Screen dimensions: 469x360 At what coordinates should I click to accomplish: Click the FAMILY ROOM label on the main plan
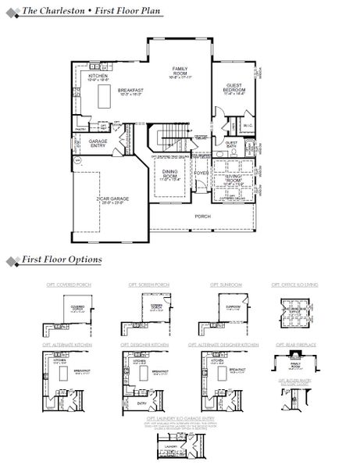pos(180,70)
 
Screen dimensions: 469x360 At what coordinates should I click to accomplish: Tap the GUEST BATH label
pos(233,145)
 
